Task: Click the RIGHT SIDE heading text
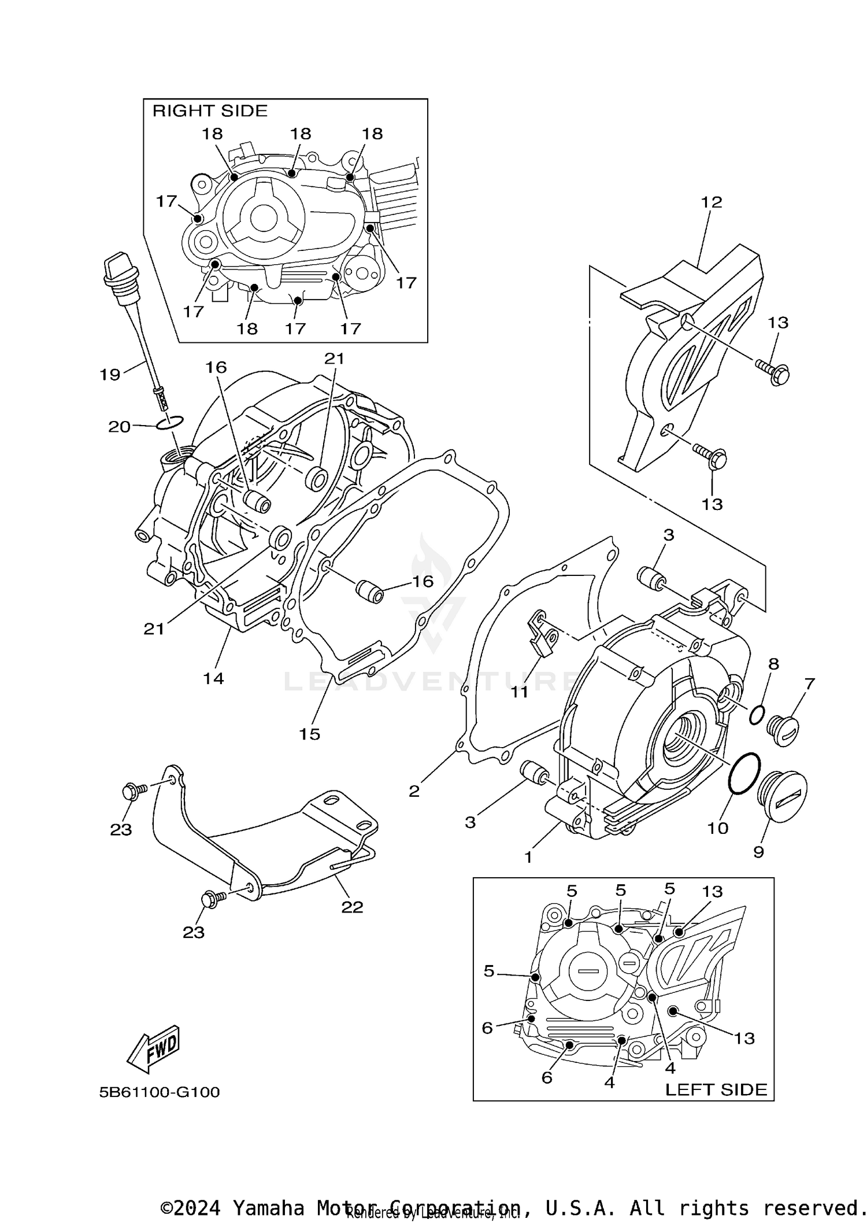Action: point(210,111)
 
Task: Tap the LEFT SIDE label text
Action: point(716,1089)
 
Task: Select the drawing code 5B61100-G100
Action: point(160,1092)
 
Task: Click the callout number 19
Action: point(110,375)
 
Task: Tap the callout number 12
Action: point(712,202)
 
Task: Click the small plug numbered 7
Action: point(783,730)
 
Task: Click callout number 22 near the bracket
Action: point(352,907)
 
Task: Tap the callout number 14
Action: point(213,678)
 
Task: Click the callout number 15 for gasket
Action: point(309,734)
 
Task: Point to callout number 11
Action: point(519,691)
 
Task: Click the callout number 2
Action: point(414,791)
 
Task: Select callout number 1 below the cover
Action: point(528,857)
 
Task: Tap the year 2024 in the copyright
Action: point(197,1208)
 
